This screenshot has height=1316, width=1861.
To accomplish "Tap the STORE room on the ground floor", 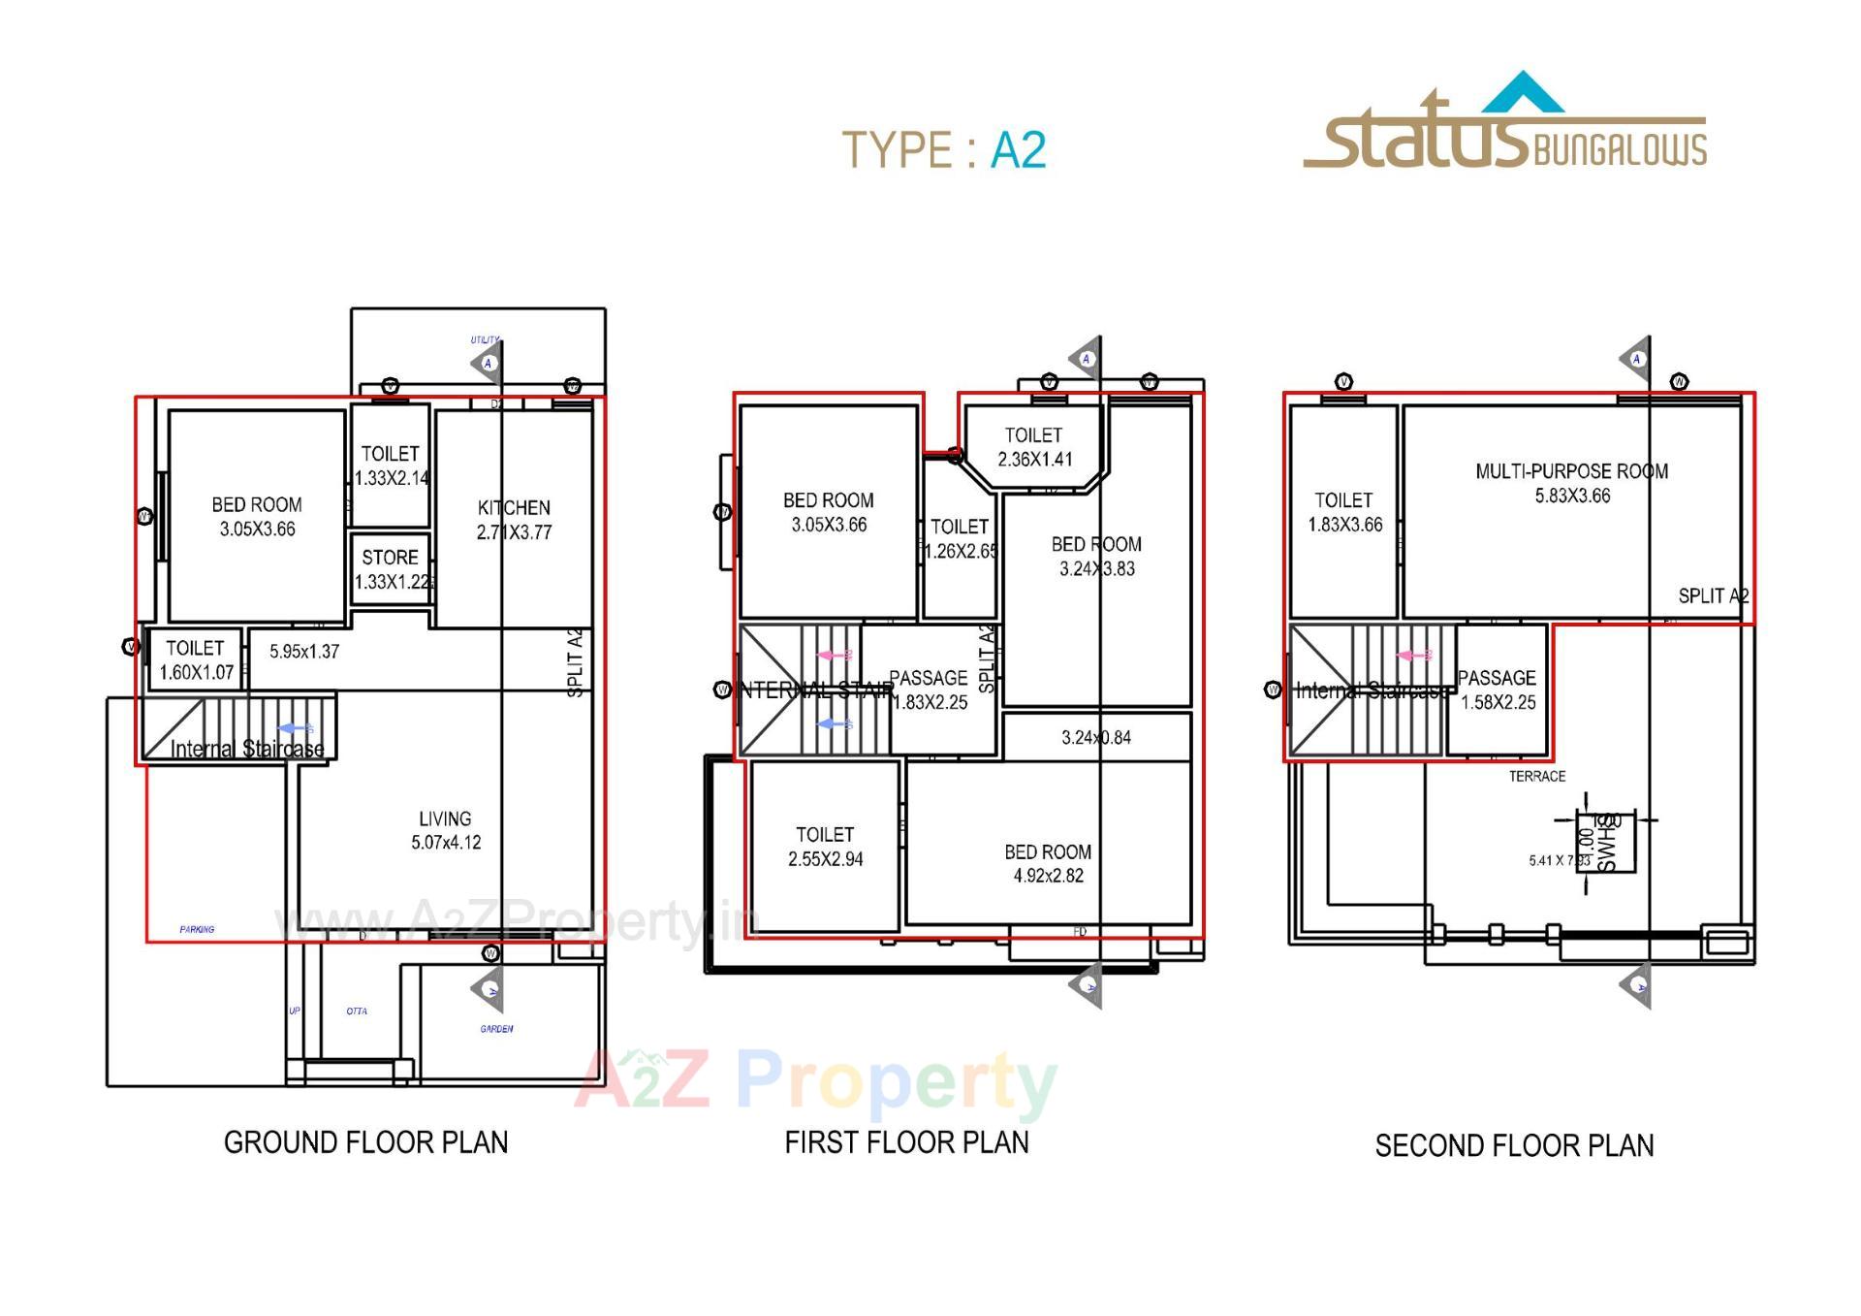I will (x=391, y=569).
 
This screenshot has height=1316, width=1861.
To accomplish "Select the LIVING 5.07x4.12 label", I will (x=445, y=830).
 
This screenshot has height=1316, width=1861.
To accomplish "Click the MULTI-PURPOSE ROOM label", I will (x=1571, y=483).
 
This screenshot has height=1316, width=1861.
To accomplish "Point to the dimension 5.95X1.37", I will (x=304, y=652).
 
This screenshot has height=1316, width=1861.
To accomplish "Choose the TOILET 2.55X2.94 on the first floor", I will (x=825, y=847).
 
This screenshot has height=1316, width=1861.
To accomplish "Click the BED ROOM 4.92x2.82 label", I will (x=1048, y=863).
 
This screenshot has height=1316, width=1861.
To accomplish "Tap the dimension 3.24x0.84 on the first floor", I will (x=1096, y=737).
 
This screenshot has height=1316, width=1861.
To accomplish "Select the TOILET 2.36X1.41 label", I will (x=1034, y=447).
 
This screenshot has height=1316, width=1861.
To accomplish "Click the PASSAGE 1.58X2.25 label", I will (x=1498, y=690).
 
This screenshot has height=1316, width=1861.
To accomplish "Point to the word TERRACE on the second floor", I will (x=1536, y=776).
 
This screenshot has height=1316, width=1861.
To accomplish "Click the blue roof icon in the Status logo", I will (x=1524, y=93).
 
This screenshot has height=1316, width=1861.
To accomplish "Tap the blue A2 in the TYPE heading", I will (x=1018, y=150).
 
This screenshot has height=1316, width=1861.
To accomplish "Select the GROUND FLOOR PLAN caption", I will (x=365, y=1142).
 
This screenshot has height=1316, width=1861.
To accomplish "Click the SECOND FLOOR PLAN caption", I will (x=1514, y=1146).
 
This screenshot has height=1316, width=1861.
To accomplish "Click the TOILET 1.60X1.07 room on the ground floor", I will (x=196, y=659).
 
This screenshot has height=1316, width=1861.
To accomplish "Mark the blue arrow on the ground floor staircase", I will (x=295, y=728).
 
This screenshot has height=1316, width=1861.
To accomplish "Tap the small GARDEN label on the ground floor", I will (x=496, y=1029).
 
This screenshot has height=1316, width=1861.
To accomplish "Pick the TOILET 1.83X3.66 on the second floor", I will (x=1343, y=512).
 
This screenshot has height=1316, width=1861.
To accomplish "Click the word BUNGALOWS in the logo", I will (x=1620, y=150).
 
